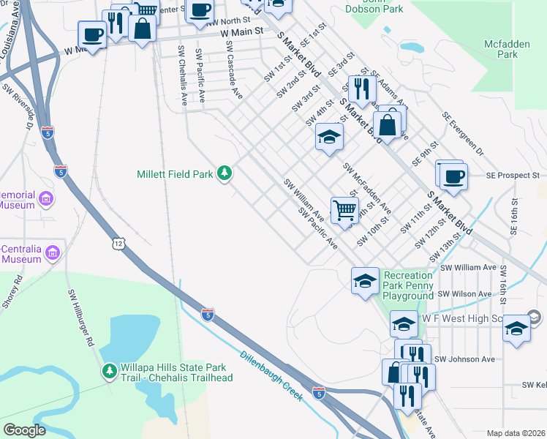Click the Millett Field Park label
tap(174, 174)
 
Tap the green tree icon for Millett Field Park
tap(227, 173)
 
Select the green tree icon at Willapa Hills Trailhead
tap(109, 371)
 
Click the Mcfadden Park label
tap(506, 49)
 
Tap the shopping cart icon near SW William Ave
tap(344, 209)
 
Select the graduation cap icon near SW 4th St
tap(329, 137)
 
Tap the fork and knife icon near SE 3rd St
tap(361, 89)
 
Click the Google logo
tap(24, 430)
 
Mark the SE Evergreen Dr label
tap(462, 134)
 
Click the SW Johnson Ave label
tap(464, 359)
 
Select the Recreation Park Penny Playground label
tap(408, 285)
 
